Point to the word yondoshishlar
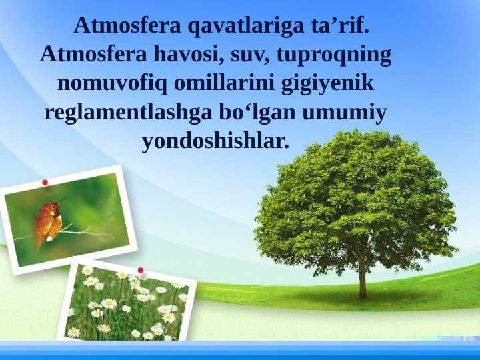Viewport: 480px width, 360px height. click(216, 141)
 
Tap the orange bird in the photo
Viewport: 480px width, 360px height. click(48, 221)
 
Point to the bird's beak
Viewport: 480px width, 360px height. click(64, 199)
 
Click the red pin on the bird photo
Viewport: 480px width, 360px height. click(45, 182)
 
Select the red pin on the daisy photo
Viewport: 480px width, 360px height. click(141, 270)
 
